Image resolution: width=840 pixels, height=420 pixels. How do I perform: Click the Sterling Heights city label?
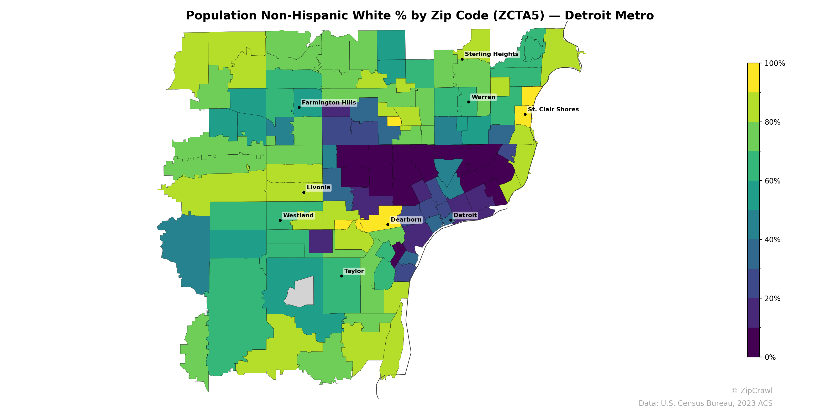click(x=491, y=54)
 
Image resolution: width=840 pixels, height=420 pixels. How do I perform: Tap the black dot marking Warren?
click(x=469, y=102)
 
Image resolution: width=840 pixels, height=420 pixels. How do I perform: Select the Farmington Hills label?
click(x=329, y=103)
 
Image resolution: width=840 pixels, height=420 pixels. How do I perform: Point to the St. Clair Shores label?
click(x=553, y=109)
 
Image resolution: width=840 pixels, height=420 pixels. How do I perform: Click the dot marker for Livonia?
click(x=304, y=192)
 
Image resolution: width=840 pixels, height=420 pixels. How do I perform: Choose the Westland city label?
click(x=298, y=216)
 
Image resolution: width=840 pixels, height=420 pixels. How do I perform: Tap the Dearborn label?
click(x=406, y=220)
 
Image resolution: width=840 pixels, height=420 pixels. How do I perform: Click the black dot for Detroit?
click(x=451, y=220)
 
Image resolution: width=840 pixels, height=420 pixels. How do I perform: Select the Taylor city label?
click(x=354, y=271)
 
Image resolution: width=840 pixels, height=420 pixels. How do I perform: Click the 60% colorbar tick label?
click(x=772, y=181)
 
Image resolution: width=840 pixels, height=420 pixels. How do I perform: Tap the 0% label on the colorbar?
click(x=770, y=357)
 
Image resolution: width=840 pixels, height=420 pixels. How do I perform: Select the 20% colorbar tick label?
click(x=772, y=299)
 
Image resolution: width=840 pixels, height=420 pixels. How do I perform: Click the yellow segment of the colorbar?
click(x=753, y=78)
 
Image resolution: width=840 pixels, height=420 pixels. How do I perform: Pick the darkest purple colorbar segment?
click(x=753, y=342)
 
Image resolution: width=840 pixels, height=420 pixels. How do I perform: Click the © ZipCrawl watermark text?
click(x=752, y=391)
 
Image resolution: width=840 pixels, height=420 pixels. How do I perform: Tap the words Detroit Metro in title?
click(x=609, y=16)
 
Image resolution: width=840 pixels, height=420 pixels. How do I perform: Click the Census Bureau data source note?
click(x=705, y=403)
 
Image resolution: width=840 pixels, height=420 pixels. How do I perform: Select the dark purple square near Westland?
click(x=321, y=241)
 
